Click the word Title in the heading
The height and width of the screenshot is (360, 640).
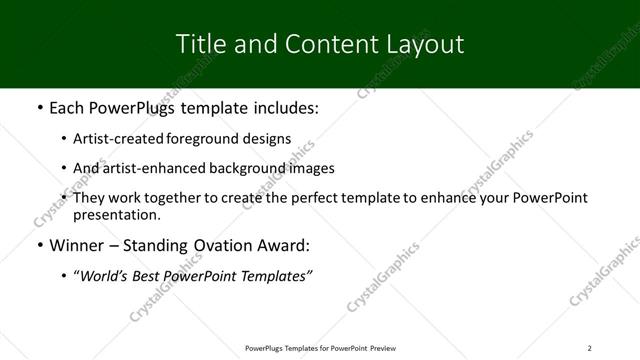point(200,44)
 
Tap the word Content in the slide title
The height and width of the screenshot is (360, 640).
point(323,44)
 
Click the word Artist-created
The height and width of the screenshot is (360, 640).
point(119,139)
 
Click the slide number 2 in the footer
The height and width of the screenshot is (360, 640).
point(589,348)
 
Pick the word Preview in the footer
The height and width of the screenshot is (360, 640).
point(383,348)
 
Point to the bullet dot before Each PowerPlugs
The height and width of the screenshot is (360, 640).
point(39,108)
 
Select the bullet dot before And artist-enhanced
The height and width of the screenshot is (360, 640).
point(64,168)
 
